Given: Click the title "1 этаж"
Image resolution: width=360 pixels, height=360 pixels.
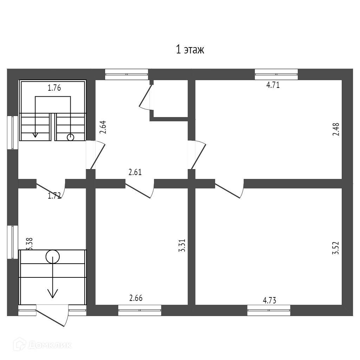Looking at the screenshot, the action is coord(190,50).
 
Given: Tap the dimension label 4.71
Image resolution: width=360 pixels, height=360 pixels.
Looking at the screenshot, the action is coord(273,85).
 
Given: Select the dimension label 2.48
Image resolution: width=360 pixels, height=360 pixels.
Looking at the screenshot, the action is coord(336,129).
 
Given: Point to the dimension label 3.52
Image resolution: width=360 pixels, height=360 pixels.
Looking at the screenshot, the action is coord(336,247).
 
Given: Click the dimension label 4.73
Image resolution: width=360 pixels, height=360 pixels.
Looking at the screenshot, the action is coord(270,300).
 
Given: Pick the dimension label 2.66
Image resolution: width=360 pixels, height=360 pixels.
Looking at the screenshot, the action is coord(136,298).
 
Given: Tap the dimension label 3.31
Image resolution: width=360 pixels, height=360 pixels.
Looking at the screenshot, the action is coord(182,246).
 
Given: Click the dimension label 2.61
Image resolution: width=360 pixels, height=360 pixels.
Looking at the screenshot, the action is coord(135,172).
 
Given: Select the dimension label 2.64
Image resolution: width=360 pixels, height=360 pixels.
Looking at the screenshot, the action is coord(103,128).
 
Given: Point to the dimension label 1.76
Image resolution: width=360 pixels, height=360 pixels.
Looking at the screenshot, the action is coord(54,88).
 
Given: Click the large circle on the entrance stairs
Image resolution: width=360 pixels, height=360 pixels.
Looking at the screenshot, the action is coord(53,257).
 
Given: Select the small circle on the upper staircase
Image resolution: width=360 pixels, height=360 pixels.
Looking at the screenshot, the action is coord(71,137).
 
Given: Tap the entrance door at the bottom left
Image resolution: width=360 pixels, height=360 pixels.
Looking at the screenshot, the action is coord(53,315).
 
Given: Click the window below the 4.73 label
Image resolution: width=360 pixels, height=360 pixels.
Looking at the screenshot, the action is coord(269,310).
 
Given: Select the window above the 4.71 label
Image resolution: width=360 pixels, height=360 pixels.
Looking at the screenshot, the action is coord(276,74).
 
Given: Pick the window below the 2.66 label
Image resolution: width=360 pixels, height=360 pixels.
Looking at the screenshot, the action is coord(140,310).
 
